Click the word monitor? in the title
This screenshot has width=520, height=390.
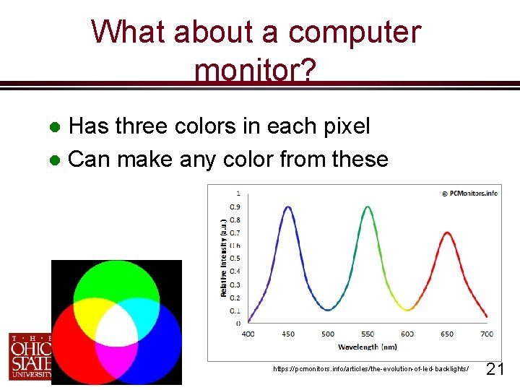tap(255, 71)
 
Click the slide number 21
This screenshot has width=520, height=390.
tap(495, 370)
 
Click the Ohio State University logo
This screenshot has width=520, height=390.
tap(30, 356)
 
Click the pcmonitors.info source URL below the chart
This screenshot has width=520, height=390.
tap(370, 369)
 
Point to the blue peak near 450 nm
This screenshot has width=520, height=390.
tap(288, 208)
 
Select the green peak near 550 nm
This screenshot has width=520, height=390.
tap(368, 208)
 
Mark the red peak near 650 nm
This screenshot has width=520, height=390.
tap(447, 233)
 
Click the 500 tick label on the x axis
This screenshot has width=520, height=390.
tap(328, 334)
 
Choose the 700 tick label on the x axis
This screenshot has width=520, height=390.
tap(487, 334)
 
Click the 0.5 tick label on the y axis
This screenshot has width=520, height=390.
tap(235, 259)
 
